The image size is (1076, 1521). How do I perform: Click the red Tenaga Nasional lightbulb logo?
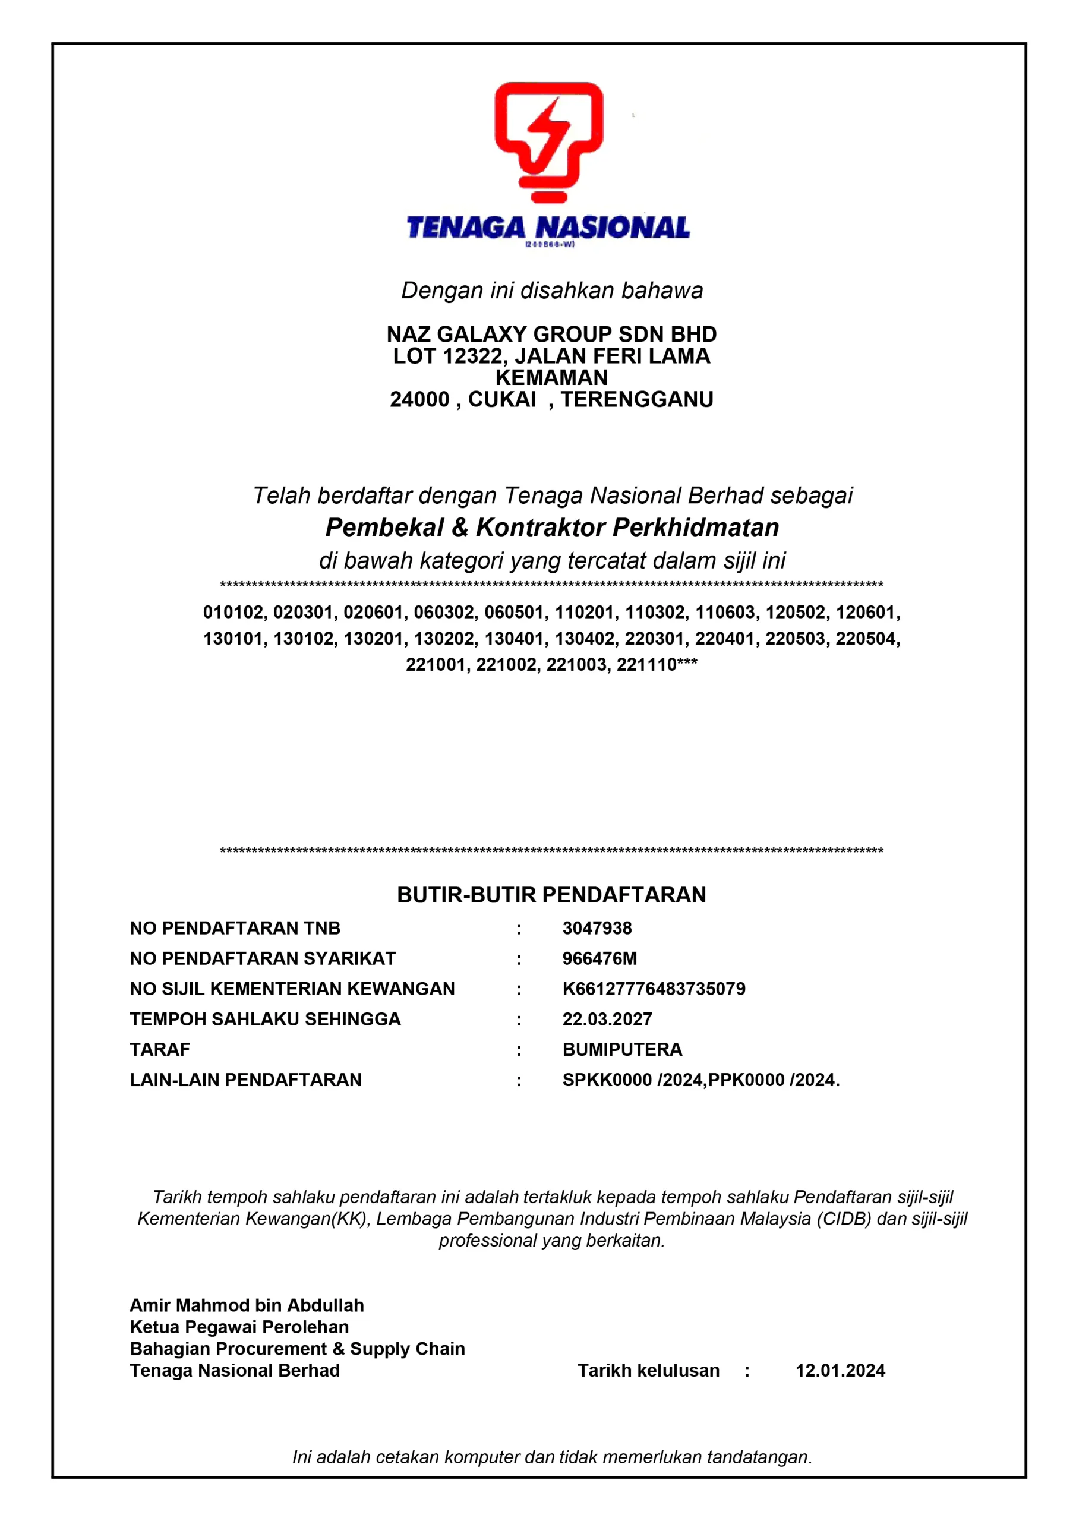548,141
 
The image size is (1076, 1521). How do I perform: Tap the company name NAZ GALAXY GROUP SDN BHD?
551,334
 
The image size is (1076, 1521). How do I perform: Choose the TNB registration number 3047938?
597,928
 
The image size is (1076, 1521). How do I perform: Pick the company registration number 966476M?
599,958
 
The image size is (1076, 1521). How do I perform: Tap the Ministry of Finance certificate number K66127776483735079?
654,989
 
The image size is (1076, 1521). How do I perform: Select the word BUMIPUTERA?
622,1049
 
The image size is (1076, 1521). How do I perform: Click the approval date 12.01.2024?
840,1371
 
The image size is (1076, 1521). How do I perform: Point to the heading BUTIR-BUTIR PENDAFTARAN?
551,895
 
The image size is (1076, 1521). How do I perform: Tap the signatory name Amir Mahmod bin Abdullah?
247,1306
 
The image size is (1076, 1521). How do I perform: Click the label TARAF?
160,1049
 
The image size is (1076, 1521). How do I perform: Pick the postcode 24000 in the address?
419,399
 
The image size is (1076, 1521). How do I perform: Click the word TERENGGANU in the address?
637,399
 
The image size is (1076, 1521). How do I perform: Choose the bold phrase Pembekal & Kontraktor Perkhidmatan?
552,528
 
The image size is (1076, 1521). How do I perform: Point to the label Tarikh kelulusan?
648,1371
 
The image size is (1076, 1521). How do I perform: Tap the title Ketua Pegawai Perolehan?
239,1327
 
